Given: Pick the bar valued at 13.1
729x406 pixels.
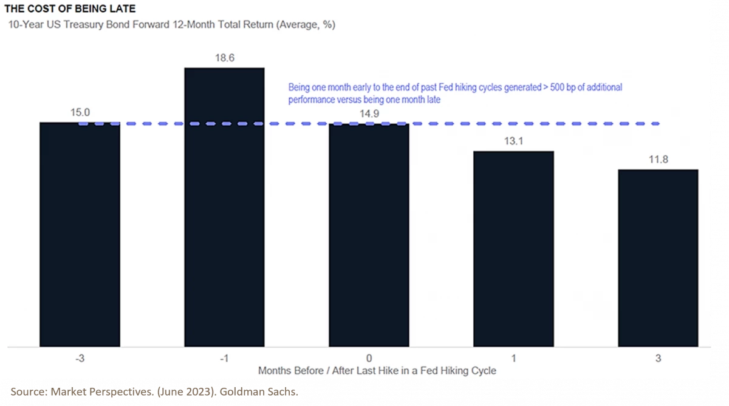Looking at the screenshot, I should coord(513,249).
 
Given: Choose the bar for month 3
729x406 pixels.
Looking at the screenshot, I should coord(658,258).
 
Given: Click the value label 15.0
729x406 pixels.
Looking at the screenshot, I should coord(80,112).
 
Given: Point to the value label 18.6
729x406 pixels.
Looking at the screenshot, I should coord(224,58).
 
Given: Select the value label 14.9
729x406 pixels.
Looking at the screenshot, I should coord(369,113).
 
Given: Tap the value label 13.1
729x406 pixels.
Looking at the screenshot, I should coord(513,141).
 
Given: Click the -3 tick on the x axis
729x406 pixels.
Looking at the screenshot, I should coord(80,357).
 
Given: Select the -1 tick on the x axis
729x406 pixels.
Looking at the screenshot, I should coord(224,357).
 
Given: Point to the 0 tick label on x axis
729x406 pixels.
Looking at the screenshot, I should coord(369,357).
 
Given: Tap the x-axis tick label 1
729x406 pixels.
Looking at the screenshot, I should coord(513,357).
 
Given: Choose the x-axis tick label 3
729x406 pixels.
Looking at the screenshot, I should coord(658,357).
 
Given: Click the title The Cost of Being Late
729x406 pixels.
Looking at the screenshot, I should coord(70,9).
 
